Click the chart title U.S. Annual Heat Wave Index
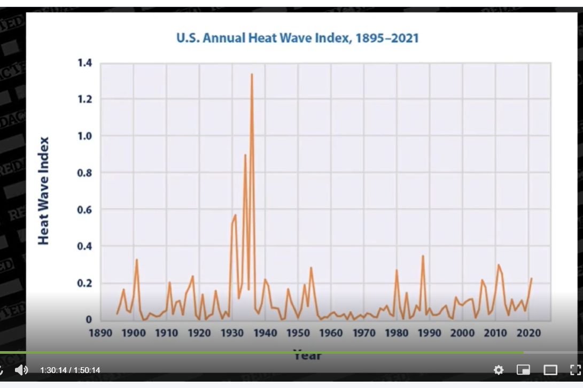(x=297, y=38)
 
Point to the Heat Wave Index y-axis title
(x=44, y=191)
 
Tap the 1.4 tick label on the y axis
(x=84, y=63)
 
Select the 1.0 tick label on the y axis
(x=84, y=136)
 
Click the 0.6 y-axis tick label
(x=84, y=209)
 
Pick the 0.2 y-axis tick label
(x=84, y=283)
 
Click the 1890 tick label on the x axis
(x=100, y=332)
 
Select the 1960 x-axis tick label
(x=331, y=332)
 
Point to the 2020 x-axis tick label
(x=528, y=332)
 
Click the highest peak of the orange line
(x=252, y=74)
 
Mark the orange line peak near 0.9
(x=245, y=155)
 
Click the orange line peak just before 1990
(x=423, y=256)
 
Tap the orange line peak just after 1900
(x=137, y=260)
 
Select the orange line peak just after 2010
(x=499, y=265)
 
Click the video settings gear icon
(x=499, y=370)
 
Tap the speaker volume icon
(x=21, y=370)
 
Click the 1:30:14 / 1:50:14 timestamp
(x=70, y=370)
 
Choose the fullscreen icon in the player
(x=575, y=370)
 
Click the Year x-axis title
(x=307, y=354)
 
